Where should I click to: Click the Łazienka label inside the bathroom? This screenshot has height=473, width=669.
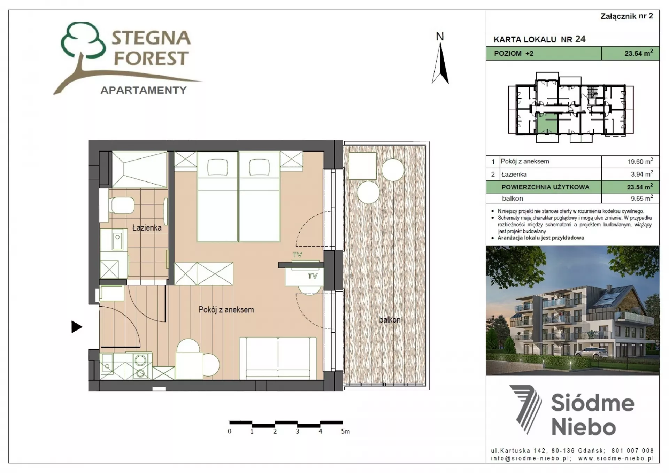click(x=147, y=228)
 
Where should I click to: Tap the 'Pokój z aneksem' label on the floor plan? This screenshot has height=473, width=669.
click(x=226, y=309)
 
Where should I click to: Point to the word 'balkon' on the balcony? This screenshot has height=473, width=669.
click(x=390, y=319)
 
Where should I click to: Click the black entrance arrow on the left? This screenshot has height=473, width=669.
click(x=77, y=327)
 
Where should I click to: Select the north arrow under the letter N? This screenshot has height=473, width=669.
click(x=440, y=63)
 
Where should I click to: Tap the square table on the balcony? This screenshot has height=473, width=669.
click(x=363, y=166)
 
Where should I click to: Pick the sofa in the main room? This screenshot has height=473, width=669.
click(x=278, y=358)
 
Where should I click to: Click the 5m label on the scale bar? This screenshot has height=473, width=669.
click(x=345, y=431)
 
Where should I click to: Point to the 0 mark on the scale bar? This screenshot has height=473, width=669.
click(x=230, y=431)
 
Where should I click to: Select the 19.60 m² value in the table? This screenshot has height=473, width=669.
click(x=640, y=161)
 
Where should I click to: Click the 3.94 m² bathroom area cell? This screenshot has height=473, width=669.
click(x=641, y=174)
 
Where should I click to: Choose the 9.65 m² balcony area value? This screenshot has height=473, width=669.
click(x=641, y=198)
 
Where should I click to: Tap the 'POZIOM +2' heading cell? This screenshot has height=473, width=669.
click(x=514, y=53)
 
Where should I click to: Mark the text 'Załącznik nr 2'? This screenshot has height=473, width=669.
click(x=626, y=16)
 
